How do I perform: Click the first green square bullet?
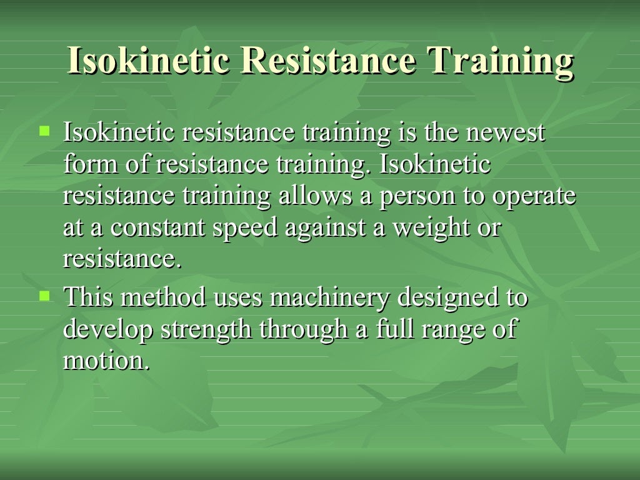pos(44,131)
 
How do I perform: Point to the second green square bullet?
pos(44,295)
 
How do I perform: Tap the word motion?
pos(106,361)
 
